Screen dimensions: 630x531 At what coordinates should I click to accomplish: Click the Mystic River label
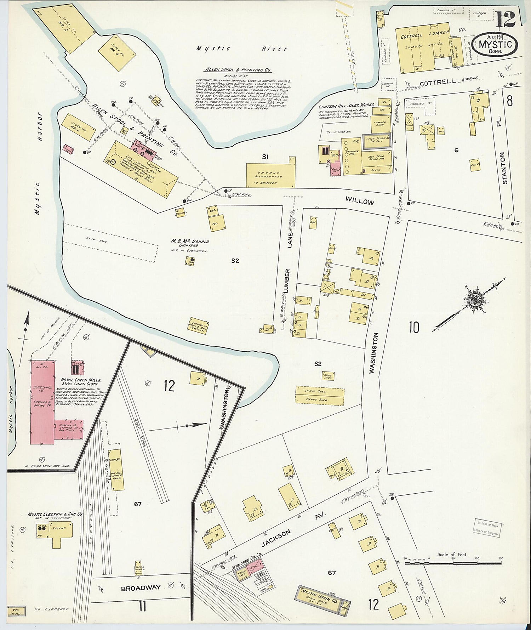[242, 49]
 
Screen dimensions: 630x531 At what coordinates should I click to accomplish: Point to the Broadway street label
[141, 588]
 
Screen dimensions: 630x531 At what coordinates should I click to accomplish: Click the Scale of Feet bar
[452, 562]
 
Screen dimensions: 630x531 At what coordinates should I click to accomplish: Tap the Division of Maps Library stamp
[486, 528]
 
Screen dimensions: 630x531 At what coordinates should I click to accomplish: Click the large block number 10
[414, 327]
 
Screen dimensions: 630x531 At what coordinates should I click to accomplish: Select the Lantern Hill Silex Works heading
[346, 106]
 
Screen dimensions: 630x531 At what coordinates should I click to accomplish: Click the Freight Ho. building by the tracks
[116, 470]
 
